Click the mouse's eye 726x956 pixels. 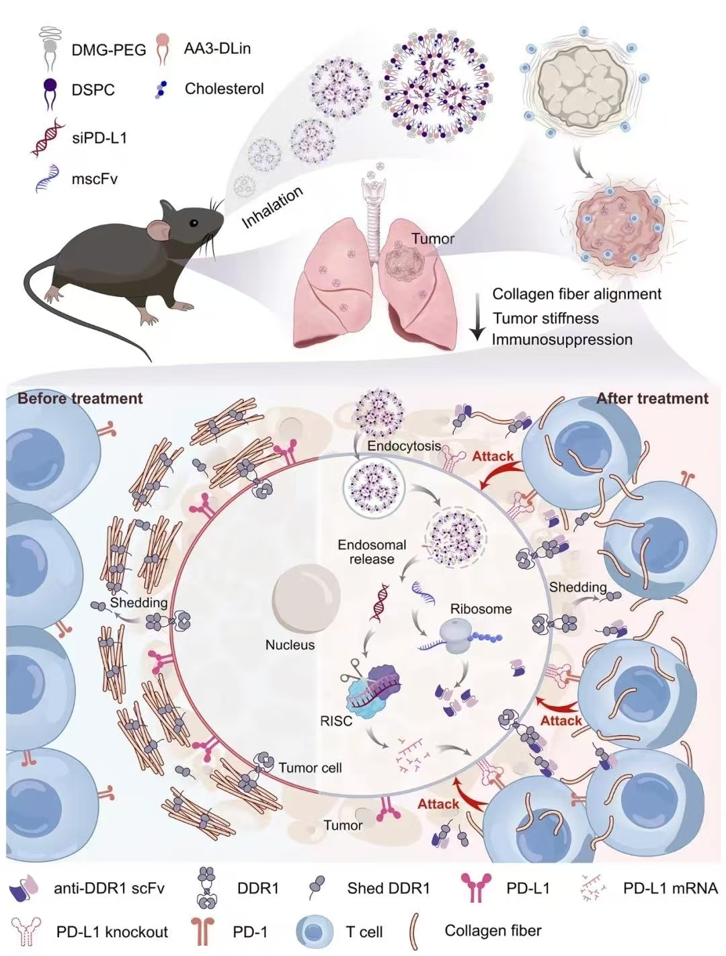click(193, 223)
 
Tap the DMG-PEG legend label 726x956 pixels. click(108, 50)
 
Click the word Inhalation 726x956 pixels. click(272, 208)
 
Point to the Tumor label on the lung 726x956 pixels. click(433, 238)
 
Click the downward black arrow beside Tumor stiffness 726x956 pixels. click(477, 316)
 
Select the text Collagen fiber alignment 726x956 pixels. click(577, 294)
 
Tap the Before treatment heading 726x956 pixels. click(80, 398)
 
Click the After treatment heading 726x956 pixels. click(652, 398)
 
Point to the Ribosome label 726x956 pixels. click(481, 609)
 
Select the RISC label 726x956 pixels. click(336, 722)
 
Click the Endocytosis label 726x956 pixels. click(404, 445)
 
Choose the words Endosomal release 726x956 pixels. click(372, 552)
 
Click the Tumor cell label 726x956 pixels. click(310, 767)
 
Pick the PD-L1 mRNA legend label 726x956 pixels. click(670, 888)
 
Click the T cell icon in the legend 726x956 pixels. click(315, 931)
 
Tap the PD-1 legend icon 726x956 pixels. click(202, 931)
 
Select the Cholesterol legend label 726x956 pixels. click(224, 89)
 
